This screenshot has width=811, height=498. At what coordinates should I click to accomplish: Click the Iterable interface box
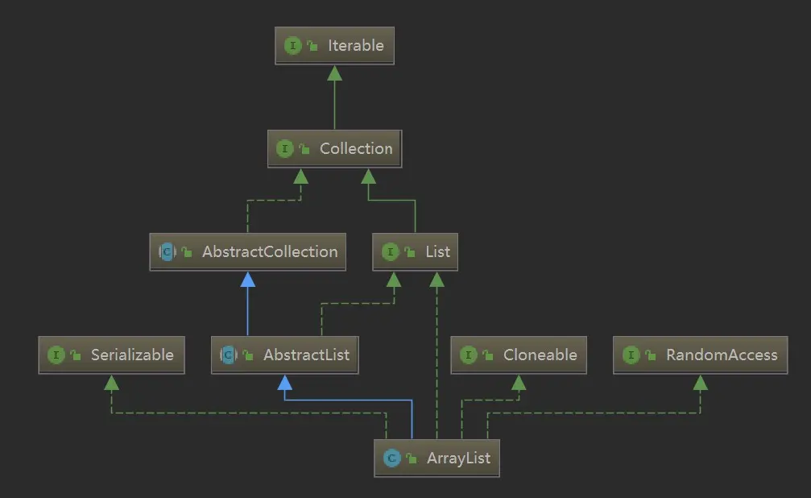(334, 46)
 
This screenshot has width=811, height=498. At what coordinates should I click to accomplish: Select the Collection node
(334, 149)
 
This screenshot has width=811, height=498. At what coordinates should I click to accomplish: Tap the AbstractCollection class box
(248, 252)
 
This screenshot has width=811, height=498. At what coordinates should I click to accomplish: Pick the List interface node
(415, 252)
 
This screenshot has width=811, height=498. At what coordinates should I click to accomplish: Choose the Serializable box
(111, 355)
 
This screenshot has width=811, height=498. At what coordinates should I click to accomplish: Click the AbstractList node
(284, 355)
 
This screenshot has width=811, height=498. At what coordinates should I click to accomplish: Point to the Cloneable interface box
(518, 355)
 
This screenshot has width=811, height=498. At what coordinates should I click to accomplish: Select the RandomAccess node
(700, 355)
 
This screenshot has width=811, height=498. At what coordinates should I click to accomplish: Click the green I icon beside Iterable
(293, 46)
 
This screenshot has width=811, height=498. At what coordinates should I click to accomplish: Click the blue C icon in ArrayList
(391, 459)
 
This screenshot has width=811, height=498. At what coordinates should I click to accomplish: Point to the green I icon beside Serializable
(56, 355)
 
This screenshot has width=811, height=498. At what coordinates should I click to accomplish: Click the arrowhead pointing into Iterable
(334, 73)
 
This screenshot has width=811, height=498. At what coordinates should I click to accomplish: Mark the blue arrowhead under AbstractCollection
(248, 280)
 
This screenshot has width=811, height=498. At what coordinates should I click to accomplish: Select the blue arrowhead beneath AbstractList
(284, 383)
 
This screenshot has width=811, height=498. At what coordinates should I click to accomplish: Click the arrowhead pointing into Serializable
(111, 383)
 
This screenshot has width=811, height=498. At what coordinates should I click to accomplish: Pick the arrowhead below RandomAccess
(700, 383)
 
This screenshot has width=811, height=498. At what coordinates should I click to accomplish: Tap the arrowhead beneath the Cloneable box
(518, 383)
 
